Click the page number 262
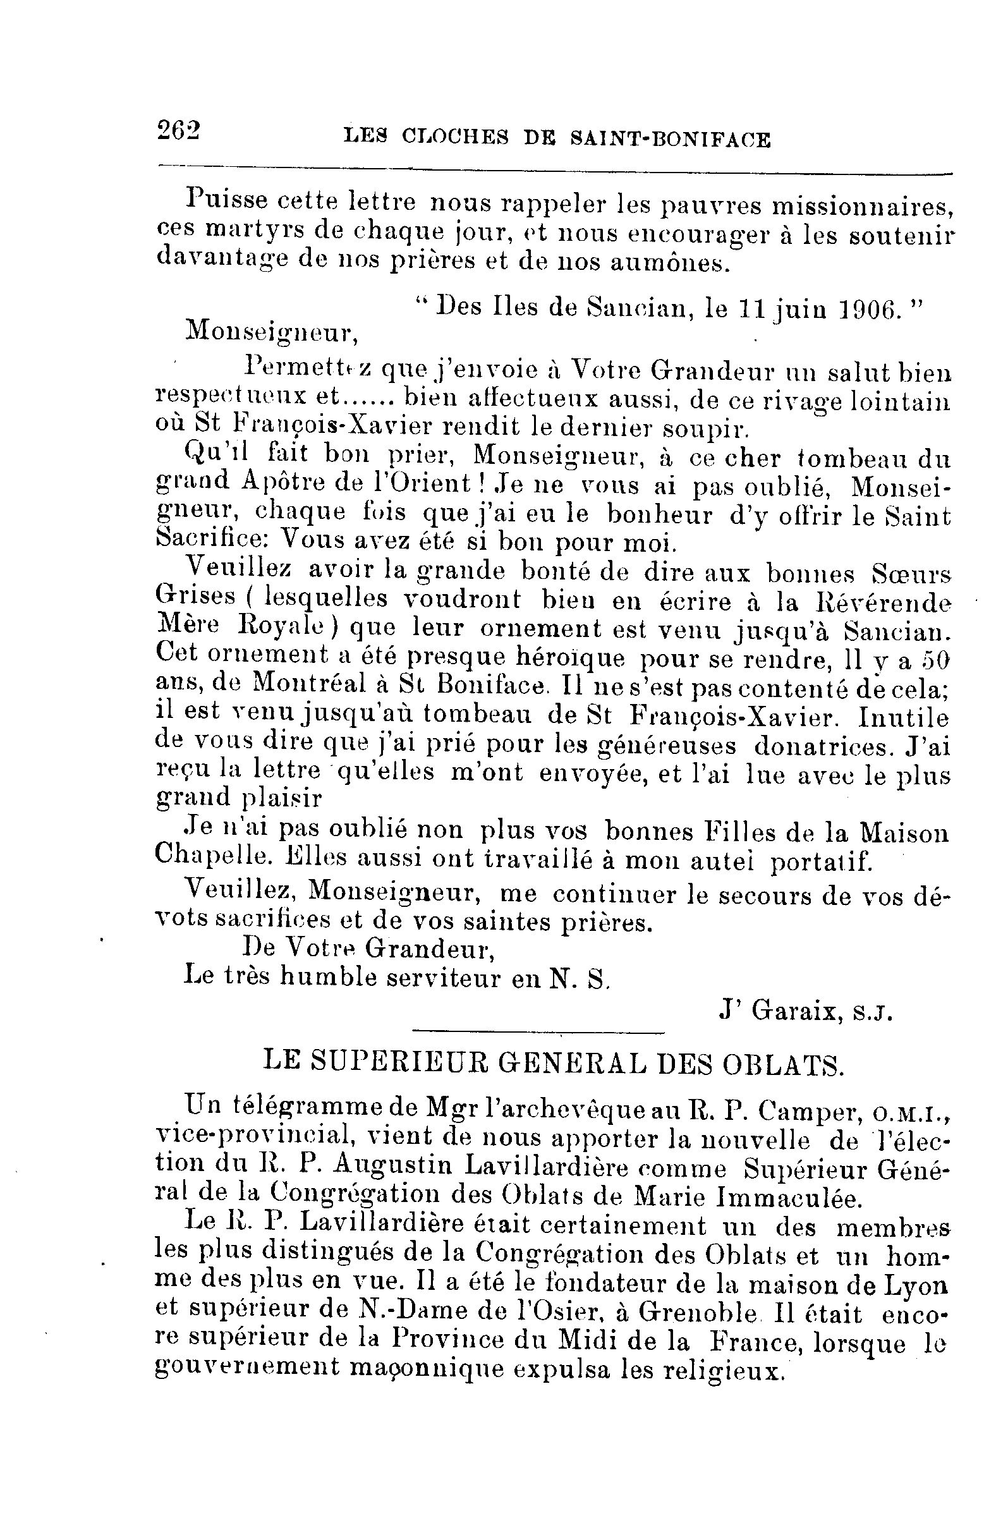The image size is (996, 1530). point(178,130)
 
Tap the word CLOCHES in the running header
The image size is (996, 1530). point(454,137)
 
